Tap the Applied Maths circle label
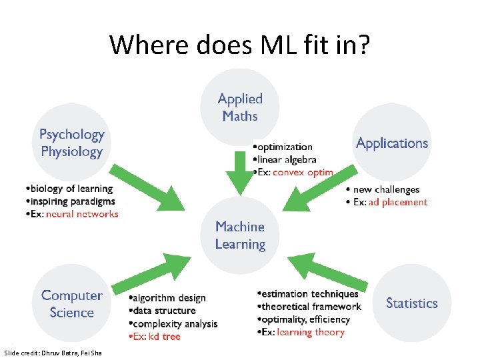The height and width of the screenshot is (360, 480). pos(240,107)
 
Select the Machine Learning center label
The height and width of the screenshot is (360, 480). pos(240,236)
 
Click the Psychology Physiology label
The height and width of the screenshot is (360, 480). pos(72,143)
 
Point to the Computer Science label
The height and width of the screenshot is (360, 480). pos(72,304)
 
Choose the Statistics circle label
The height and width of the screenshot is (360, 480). pos(411,303)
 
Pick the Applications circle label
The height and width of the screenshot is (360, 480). pos(392,143)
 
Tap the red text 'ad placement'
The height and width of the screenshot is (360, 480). pos(398,202)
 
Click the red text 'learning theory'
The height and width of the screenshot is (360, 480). pos(311,332)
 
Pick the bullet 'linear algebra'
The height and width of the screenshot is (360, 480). pos(287,159)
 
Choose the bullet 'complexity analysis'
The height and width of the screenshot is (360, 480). pos(173,324)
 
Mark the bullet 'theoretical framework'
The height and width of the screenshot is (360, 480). pos(310,307)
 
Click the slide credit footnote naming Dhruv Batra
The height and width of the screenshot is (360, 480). pos(53,352)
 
